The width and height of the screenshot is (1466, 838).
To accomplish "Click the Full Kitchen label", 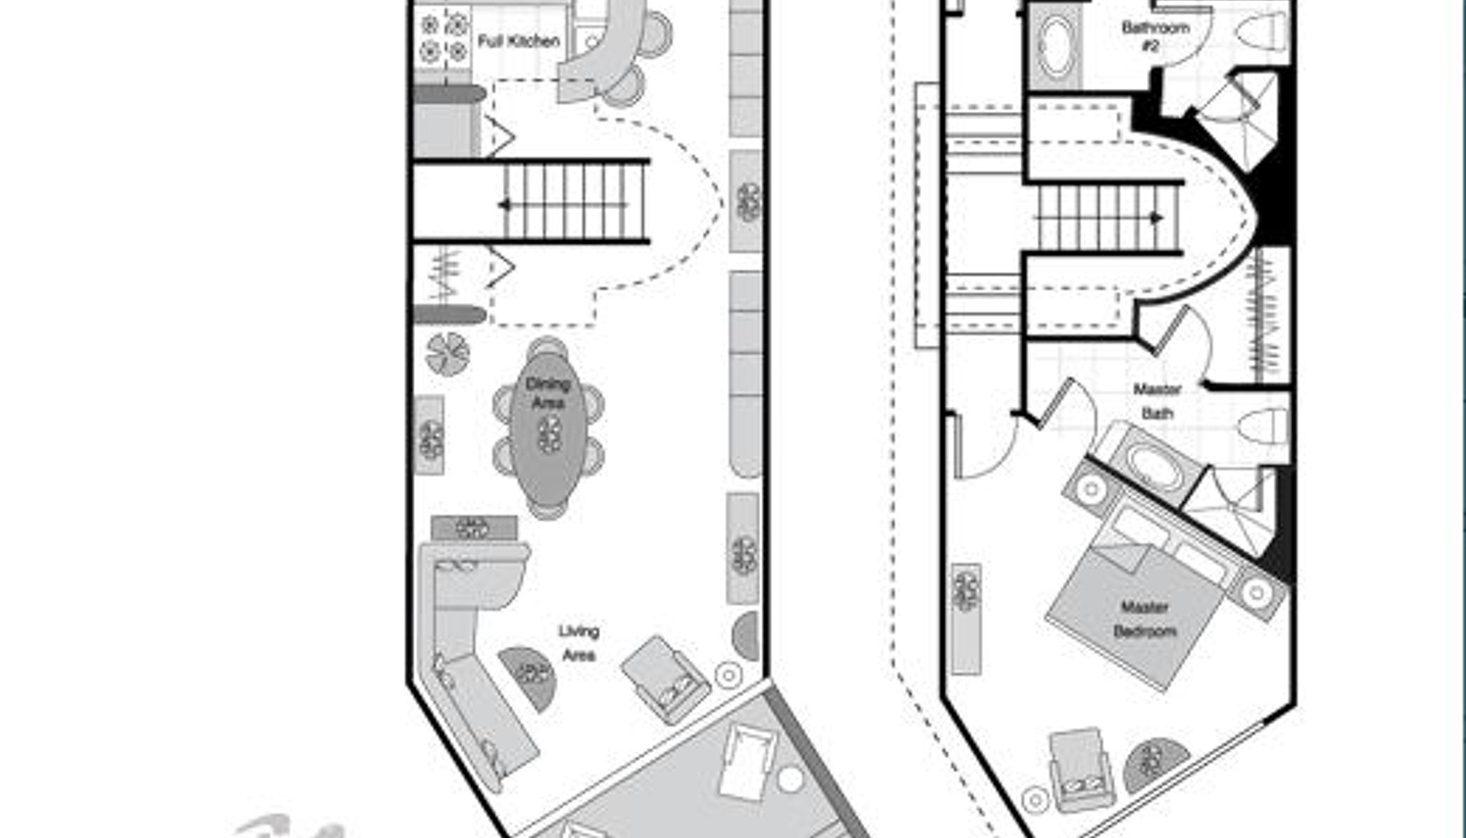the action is coord(519,41).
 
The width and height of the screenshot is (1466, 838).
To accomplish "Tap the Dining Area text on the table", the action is coord(548,392).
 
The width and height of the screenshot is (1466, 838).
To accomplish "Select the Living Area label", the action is coord(578,644).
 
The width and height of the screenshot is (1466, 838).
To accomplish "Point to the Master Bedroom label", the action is coord(1144,620).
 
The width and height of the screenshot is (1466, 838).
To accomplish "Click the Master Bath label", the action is coord(1157,402).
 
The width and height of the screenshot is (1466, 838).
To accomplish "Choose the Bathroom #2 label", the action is coord(1155,36).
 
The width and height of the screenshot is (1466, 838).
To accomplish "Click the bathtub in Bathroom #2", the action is coord(1056,46).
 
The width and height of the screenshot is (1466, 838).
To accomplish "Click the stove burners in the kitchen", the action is coord(443,38).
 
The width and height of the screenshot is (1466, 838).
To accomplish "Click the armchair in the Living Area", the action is coord(666,678).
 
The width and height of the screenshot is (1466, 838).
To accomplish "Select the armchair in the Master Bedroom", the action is coord(1080,769).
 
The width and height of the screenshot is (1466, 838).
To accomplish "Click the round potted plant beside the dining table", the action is coord(448,354).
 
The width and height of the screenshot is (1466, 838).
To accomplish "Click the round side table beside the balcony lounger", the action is coord(790,779).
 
